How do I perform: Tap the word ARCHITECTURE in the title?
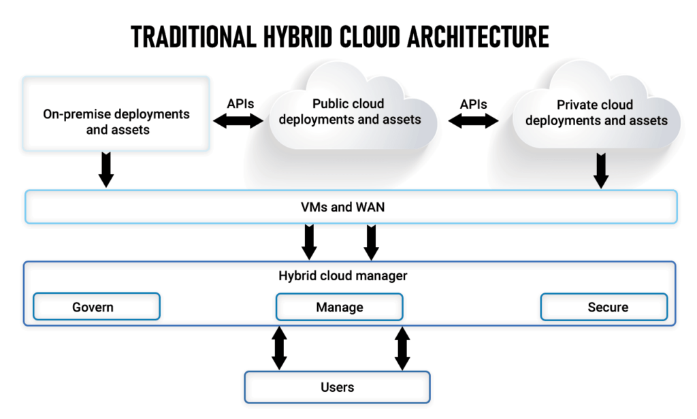click(478, 37)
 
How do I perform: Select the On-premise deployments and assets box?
click(116, 114)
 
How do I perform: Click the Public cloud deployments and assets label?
click(349, 112)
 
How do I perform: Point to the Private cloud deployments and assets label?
click(596, 113)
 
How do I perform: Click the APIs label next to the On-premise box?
click(240, 104)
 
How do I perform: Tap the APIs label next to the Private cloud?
click(474, 105)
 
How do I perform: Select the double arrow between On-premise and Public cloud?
click(238, 121)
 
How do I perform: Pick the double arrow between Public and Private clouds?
click(474, 121)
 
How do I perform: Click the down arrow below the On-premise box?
click(106, 170)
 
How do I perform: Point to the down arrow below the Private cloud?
click(601, 171)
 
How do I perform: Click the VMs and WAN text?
click(343, 207)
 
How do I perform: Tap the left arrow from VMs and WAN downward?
click(310, 242)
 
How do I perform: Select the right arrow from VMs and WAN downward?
click(371, 242)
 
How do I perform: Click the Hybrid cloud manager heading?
click(343, 276)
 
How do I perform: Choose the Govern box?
click(97, 307)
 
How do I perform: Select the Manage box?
click(340, 307)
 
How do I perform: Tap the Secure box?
click(604, 307)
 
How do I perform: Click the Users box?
click(338, 387)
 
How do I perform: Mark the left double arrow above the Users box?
click(279, 348)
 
